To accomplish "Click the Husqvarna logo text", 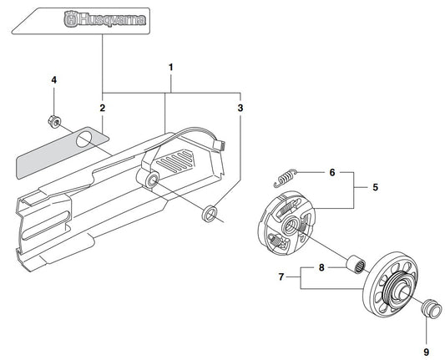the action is (x=104, y=19).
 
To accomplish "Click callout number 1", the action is (x=170, y=68).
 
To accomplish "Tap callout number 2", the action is (x=102, y=108).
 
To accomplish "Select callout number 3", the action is (x=240, y=108).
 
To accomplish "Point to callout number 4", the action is (x=54, y=80).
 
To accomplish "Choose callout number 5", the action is (x=375, y=187).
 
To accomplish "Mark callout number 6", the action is (x=332, y=172).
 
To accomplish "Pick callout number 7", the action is (x=281, y=276).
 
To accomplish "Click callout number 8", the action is (x=321, y=267).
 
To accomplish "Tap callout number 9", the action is (x=427, y=352).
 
